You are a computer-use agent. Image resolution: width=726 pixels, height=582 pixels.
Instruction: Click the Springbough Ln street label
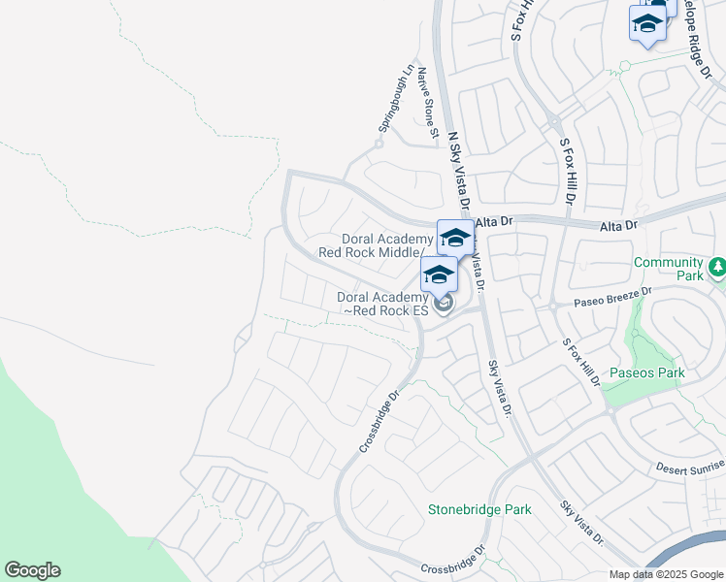point(398,100)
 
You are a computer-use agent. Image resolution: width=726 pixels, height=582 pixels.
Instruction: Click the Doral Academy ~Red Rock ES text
point(382,304)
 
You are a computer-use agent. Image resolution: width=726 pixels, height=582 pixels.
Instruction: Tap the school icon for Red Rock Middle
point(455,238)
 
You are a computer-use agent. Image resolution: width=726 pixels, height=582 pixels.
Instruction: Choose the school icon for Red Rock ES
point(439,275)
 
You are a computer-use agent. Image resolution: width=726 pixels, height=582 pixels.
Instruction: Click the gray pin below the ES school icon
point(444,305)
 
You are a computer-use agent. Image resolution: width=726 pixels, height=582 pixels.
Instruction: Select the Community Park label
point(668,269)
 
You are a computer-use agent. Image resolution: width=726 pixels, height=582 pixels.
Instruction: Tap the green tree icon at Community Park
point(716,265)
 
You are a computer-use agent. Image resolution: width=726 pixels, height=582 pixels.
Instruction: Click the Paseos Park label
point(647,372)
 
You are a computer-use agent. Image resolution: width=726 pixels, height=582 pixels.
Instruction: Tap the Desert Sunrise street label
point(690,469)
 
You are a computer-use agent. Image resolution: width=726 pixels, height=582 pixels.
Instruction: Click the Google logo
point(32,570)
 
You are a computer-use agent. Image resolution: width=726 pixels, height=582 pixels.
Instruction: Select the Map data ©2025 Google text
point(666,574)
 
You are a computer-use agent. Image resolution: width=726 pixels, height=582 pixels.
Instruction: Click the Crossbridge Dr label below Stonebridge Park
point(451,563)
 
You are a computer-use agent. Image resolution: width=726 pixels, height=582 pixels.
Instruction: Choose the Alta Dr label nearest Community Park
point(618,225)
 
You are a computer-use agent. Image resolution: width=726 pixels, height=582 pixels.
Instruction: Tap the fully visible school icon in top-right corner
point(646,23)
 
